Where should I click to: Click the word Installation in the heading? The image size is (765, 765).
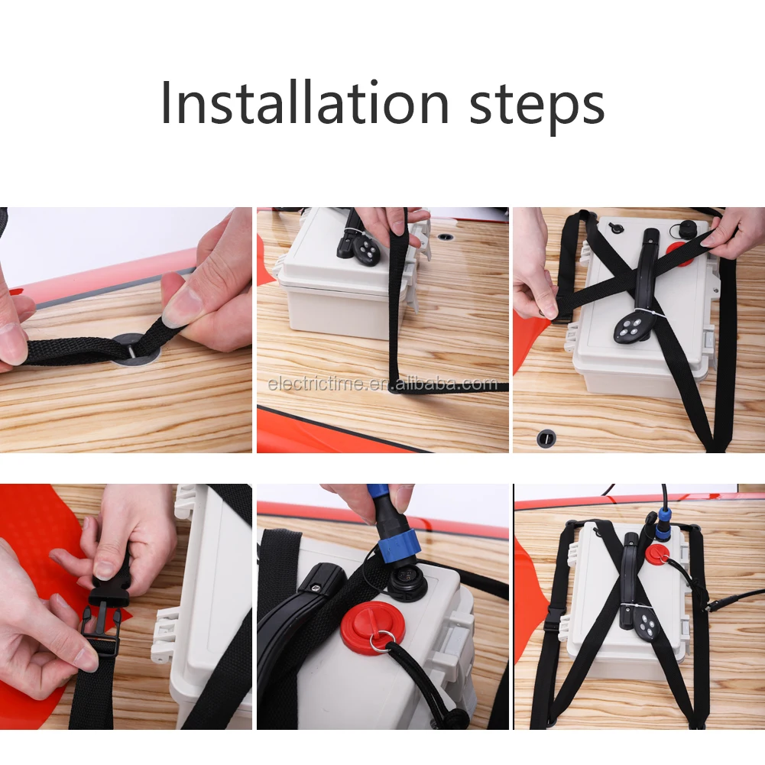[304, 103]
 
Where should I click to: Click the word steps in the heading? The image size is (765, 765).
[537, 107]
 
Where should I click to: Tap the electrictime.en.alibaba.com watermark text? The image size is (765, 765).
[382, 384]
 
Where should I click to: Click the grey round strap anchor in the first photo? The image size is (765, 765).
[137, 348]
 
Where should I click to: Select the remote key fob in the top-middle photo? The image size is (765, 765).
[367, 251]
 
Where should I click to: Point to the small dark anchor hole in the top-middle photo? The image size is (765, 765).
[446, 237]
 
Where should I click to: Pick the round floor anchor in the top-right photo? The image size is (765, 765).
[546, 438]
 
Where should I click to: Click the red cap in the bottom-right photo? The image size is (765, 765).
[657, 555]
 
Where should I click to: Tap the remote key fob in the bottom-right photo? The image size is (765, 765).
[646, 627]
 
